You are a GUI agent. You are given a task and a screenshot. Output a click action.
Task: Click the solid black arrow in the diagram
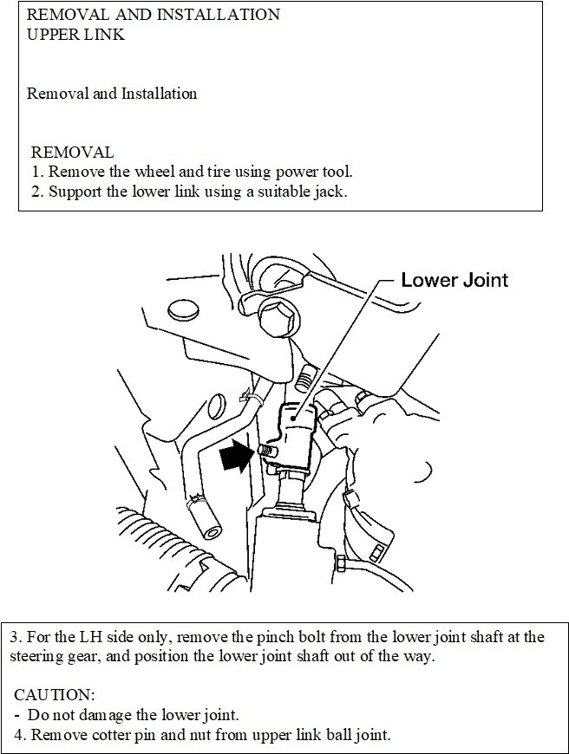[x=234, y=456]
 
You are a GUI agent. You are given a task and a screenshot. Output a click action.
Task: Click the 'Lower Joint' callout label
[x=454, y=280]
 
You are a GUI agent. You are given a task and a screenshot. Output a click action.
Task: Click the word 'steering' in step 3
[x=39, y=656]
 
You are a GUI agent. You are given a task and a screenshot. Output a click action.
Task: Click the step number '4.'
[x=21, y=735]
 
